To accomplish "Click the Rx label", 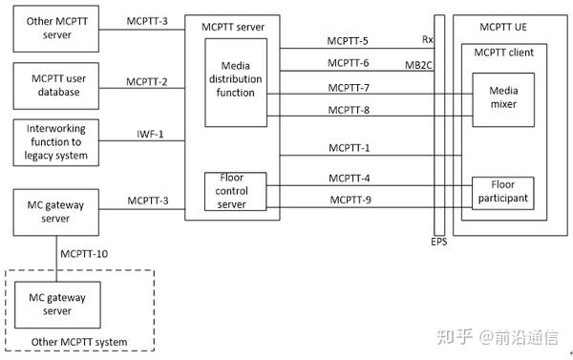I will [426, 40].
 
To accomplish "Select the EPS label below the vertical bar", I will [437, 243].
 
